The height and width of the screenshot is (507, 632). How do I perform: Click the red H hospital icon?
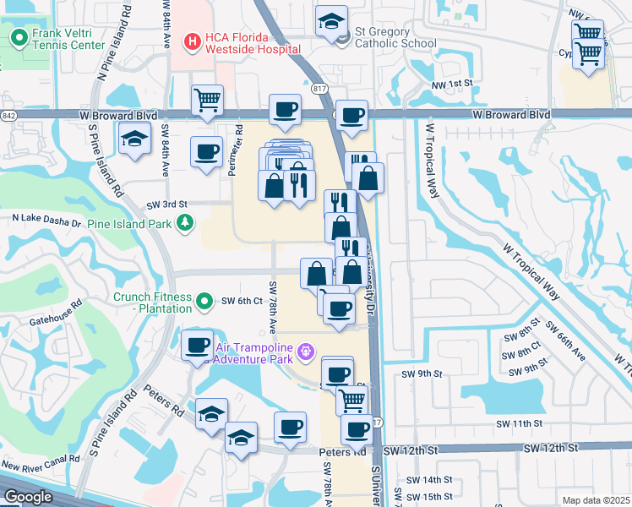click(x=192, y=40)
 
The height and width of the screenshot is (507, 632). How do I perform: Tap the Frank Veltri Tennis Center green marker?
click(x=18, y=38)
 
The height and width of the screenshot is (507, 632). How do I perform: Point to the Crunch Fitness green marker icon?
click(x=204, y=301)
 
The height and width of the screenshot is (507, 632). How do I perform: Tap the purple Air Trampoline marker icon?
click(x=306, y=349)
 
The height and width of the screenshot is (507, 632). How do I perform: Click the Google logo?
click(x=28, y=497)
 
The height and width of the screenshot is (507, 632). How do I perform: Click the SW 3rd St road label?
click(x=166, y=204)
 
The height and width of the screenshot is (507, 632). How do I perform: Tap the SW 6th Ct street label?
click(x=243, y=301)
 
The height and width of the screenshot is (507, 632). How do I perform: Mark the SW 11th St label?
click(x=519, y=422)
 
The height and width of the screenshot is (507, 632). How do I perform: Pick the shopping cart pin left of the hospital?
click(x=207, y=100)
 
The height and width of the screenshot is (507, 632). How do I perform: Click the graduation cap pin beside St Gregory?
click(x=331, y=20)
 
